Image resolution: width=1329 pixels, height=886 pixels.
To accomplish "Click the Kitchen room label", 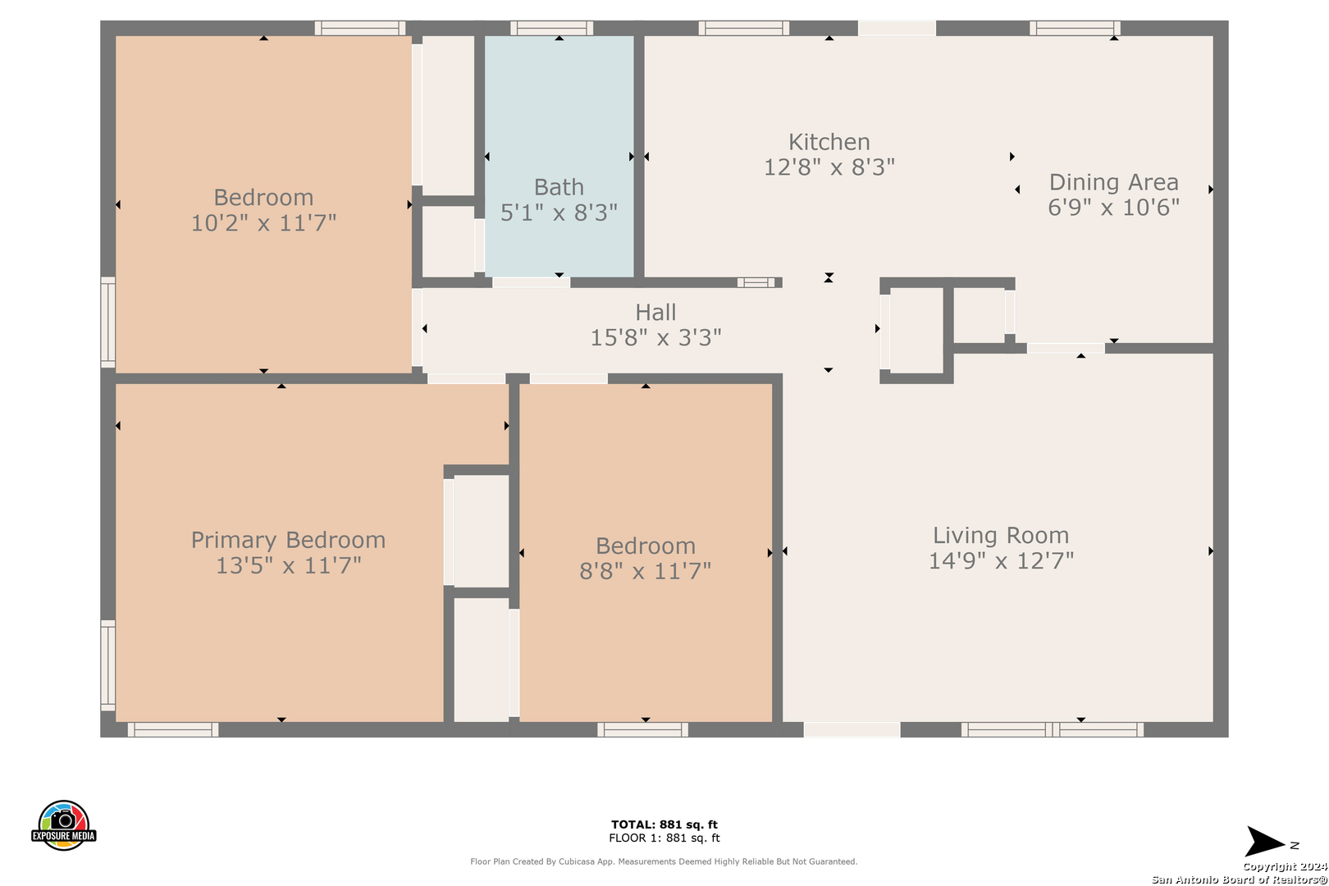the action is [829, 143].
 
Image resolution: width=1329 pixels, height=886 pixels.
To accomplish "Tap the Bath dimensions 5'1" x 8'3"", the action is [559, 212].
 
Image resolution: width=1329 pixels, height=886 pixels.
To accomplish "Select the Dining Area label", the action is [1113, 182].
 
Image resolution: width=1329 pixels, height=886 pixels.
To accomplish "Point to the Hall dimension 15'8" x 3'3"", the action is [655, 338].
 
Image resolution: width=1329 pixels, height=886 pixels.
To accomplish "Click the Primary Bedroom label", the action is [288, 541].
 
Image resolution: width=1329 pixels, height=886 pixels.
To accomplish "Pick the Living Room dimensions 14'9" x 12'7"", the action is [1001, 561].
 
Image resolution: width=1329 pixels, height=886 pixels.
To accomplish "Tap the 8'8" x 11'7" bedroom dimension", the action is [645, 571].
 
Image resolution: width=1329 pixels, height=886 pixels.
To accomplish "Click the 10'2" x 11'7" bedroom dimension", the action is [263, 223].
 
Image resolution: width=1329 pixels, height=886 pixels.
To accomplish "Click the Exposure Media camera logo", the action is [63, 824].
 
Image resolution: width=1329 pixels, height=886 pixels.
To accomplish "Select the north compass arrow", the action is [1266, 842].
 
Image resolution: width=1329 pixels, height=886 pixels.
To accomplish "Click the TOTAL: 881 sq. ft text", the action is [664, 824].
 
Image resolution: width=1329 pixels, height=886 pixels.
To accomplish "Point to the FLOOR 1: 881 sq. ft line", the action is [664, 838].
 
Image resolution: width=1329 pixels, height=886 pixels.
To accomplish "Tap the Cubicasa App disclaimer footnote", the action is [664, 861].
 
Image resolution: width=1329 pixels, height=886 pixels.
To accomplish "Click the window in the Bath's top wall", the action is [552, 28].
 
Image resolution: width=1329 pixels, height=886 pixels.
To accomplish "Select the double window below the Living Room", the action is [1052, 729].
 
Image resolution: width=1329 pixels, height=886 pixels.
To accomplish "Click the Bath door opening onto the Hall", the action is [531, 282].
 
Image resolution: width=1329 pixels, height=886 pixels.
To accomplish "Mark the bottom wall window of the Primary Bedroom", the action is [173, 729].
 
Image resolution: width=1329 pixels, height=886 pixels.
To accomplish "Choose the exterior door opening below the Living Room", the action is [852, 729].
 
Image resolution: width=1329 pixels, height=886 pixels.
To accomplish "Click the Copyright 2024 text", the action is [1285, 867].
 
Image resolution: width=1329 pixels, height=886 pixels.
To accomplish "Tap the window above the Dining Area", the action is [1075, 28].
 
